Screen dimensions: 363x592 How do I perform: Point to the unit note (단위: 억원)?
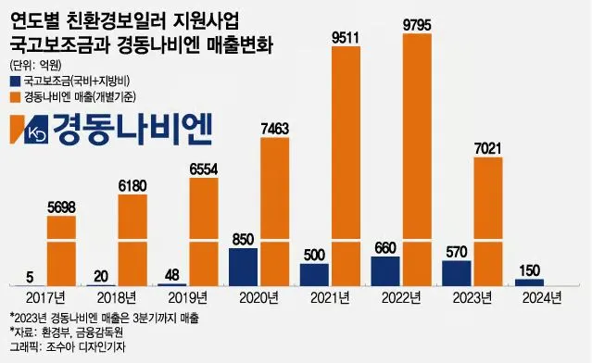click(x=36, y=65)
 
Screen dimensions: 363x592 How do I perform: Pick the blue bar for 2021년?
click(x=314, y=274)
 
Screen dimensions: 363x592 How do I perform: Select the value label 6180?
click(x=133, y=186)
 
